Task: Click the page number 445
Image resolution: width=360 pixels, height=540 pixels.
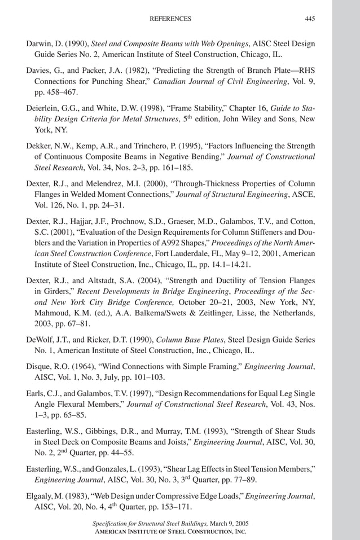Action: click(310, 19)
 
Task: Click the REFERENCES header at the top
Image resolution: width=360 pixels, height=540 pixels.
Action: click(170, 19)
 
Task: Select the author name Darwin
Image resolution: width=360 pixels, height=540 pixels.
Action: click(39, 43)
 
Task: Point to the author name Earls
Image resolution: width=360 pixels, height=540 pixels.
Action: click(36, 393)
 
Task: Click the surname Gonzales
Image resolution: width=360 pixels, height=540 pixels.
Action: click(116, 468)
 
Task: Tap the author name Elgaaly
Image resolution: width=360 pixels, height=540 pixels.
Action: click(42, 496)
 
